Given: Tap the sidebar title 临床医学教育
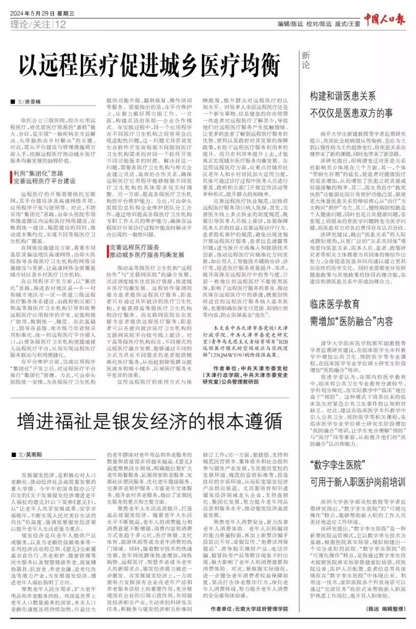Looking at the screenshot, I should (x=335, y=304).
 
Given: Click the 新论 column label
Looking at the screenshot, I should (x=305, y=59).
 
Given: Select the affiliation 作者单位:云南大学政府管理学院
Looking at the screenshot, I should (x=249, y=608).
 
